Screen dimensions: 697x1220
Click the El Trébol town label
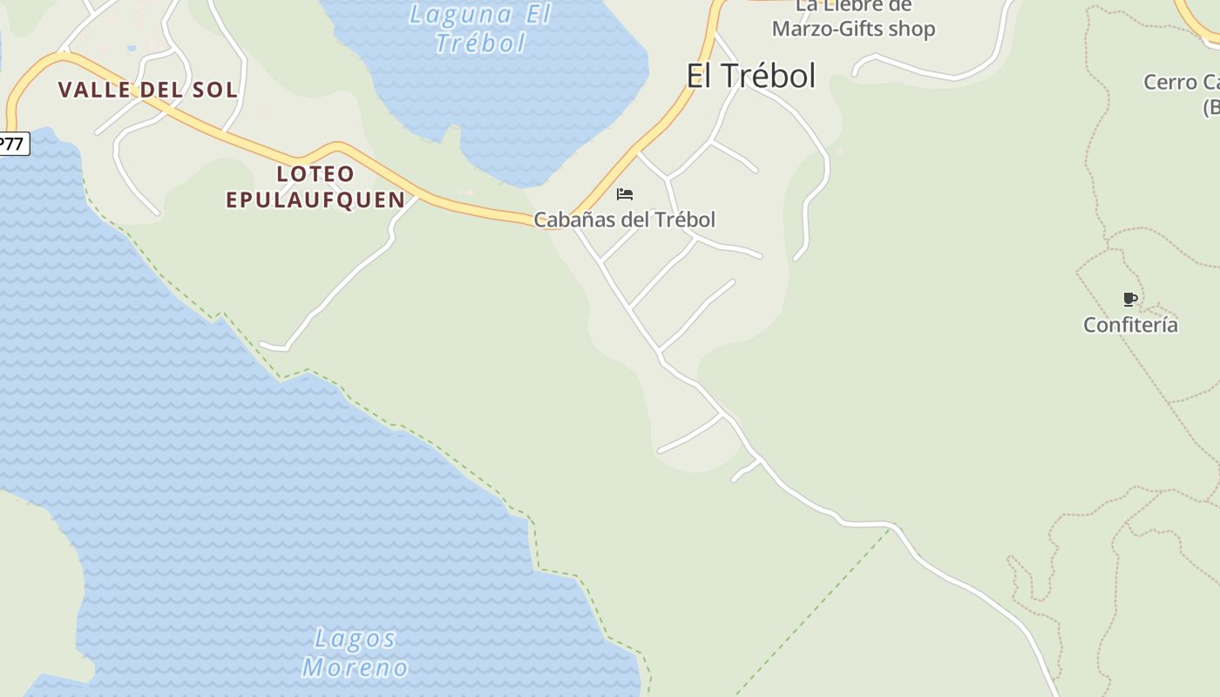coord(750,76)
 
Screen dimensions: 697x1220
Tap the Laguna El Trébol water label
coord(480,28)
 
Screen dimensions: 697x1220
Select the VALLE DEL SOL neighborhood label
coord(148,90)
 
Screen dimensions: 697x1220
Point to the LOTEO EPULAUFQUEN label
coord(315,186)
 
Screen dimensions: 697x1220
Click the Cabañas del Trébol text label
coord(624,220)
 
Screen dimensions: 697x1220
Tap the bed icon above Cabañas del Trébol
coord(624,194)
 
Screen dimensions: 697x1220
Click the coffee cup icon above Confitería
coord(1130,300)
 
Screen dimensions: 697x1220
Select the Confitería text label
coord(1130,325)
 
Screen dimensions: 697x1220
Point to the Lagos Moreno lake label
coord(355,653)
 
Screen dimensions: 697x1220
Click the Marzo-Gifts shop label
coord(853,29)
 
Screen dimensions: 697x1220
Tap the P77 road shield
coord(12,144)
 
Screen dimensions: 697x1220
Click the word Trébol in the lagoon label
coord(480,43)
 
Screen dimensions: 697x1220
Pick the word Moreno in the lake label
coord(355,668)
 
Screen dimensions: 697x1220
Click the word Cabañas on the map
coord(574,220)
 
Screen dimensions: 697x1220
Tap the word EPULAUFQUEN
coord(315,200)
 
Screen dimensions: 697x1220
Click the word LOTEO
coord(315,173)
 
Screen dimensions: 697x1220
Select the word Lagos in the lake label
coord(355,639)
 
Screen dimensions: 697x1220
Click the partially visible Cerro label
coord(1181,83)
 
